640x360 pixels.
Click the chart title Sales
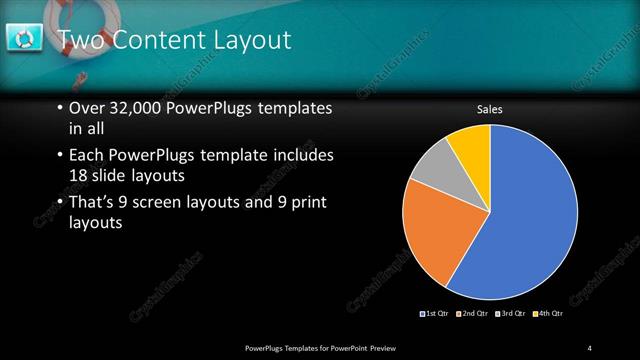coord(489,109)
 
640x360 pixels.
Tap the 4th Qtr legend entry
coord(547,315)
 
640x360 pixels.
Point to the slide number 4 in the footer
coord(590,347)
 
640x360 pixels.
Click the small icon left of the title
coord(23,38)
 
